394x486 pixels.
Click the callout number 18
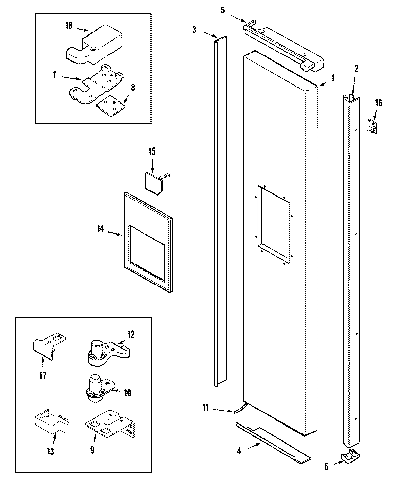[69, 26]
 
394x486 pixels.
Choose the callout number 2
[356, 69]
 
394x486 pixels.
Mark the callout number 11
[206, 408]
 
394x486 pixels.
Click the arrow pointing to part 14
[115, 234]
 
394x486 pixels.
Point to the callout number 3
[194, 30]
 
